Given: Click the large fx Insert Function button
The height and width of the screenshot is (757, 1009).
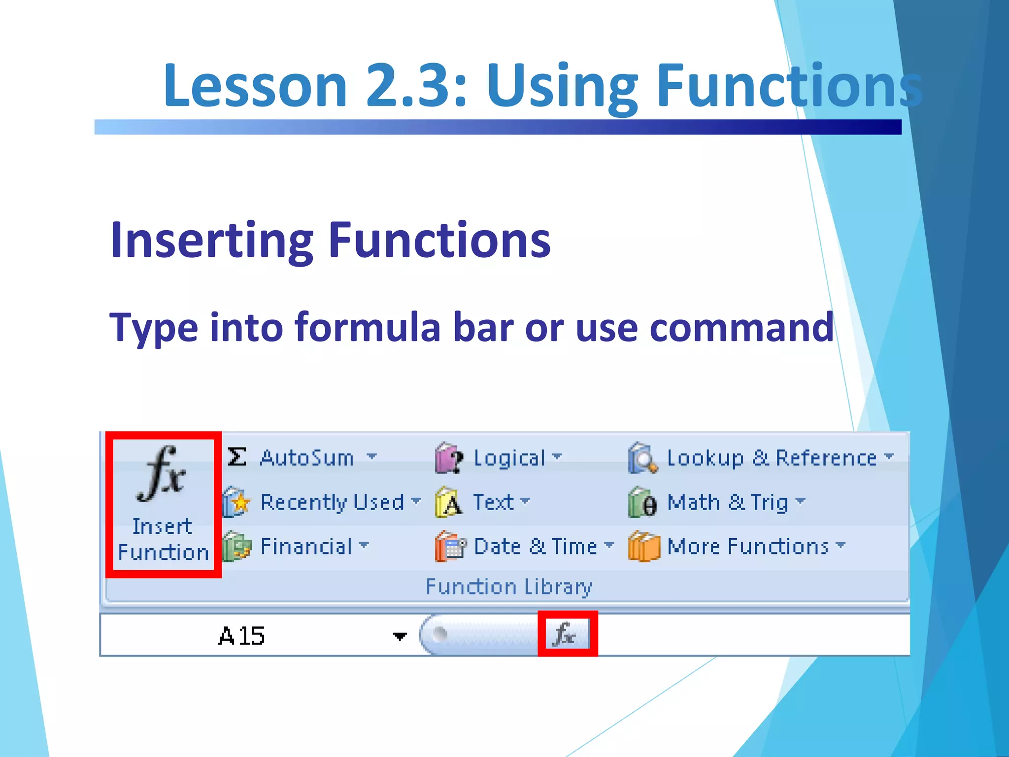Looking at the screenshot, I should click(x=163, y=503).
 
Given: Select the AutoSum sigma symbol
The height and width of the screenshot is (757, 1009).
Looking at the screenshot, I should click(x=237, y=457).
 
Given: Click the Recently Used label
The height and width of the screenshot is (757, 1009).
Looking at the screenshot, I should click(x=332, y=502).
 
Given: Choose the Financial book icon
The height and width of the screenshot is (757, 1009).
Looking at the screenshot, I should click(x=236, y=547).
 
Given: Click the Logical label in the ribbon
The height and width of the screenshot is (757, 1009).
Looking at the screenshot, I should click(x=509, y=458).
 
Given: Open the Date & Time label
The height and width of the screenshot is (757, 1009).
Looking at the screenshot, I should click(x=535, y=547).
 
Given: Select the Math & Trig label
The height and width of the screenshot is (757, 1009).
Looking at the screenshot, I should click(x=727, y=502).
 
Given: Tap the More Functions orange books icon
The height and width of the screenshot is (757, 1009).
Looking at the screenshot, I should click(x=643, y=547).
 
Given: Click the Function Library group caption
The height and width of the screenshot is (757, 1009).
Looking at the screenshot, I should click(x=508, y=586).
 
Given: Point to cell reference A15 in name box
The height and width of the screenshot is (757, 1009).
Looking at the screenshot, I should click(x=241, y=636).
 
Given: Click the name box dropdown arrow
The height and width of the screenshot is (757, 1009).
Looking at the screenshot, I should click(x=400, y=636).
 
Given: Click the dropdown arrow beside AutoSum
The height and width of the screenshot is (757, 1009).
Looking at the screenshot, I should click(x=371, y=456).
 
